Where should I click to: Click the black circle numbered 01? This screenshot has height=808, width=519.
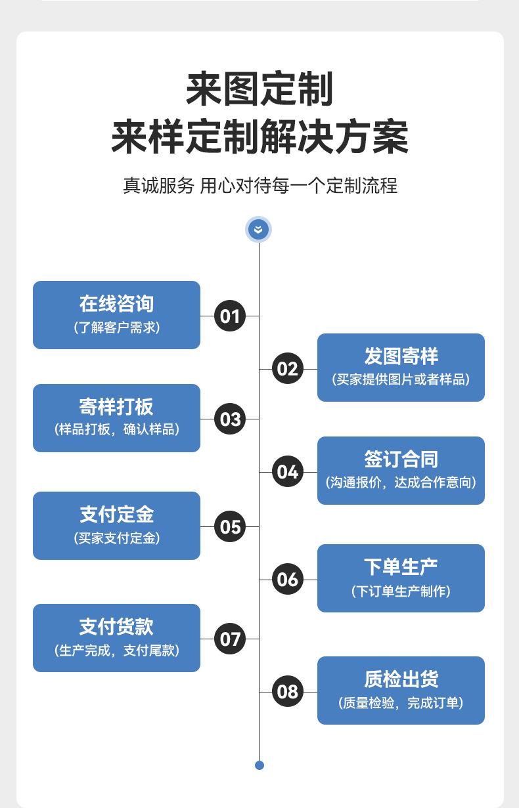point(230,316)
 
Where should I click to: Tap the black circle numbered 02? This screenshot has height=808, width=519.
point(287,369)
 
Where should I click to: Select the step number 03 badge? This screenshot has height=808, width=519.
point(230,419)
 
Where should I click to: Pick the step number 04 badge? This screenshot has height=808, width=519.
point(287,471)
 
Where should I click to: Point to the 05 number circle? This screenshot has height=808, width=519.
point(230,526)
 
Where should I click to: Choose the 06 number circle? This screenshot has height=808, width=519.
point(287,580)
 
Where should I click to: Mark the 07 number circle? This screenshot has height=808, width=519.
point(230,639)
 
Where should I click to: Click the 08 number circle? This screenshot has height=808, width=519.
point(287,691)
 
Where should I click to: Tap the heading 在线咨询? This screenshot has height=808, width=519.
point(116,304)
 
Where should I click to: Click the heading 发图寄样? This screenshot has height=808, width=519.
point(401,356)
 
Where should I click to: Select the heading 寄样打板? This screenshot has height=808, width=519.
point(116,406)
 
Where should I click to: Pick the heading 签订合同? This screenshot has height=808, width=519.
point(401,459)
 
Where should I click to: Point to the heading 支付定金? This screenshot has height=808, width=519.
point(116,515)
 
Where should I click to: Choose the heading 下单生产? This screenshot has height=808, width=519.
point(401,567)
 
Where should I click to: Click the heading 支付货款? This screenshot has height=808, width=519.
point(116,627)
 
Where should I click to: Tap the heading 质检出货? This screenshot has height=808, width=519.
point(401,679)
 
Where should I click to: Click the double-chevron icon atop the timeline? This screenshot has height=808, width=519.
point(258,230)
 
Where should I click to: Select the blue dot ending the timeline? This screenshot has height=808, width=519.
point(259,765)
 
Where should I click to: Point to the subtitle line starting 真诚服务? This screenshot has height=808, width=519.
point(260,186)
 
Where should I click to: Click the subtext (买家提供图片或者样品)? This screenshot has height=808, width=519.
point(401,379)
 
